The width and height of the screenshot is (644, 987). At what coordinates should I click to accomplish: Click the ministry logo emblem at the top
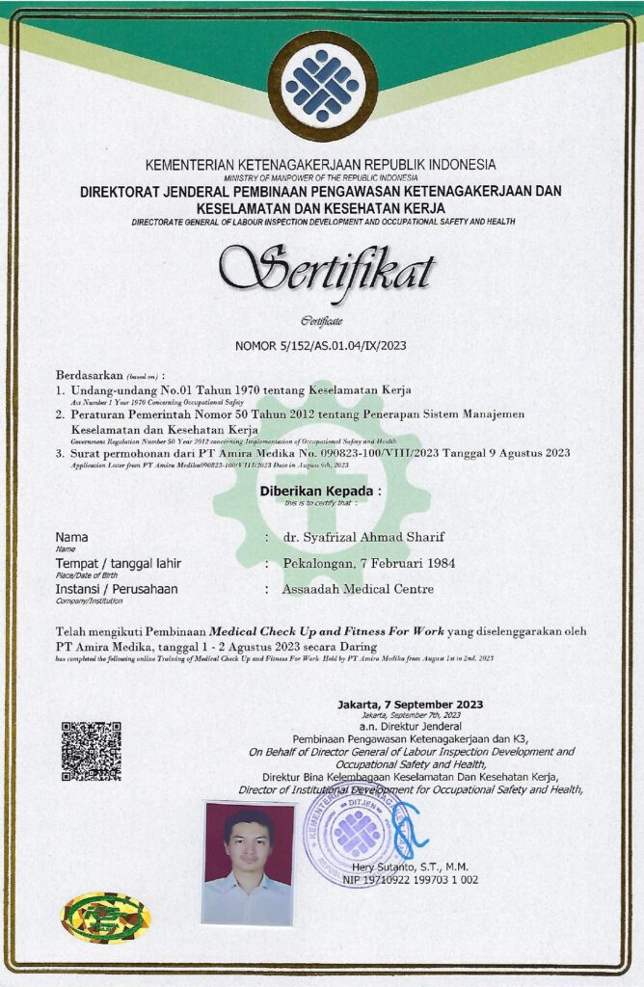point(322,86)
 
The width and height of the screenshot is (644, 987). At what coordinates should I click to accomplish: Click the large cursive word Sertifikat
point(326,267)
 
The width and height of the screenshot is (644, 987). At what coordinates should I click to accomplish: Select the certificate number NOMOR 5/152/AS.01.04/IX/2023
point(322,344)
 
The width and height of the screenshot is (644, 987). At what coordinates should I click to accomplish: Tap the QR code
point(92,751)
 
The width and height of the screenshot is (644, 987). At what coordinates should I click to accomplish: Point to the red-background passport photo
point(249,862)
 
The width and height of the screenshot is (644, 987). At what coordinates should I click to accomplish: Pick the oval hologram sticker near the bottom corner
point(106,917)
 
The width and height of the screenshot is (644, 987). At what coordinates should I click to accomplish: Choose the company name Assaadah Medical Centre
point(358,589)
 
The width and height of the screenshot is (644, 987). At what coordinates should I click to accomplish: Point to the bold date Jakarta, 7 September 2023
point(411,705)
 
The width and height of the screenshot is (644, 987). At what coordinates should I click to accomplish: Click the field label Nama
point(71,537)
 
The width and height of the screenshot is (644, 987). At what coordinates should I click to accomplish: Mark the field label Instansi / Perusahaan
point(117,588)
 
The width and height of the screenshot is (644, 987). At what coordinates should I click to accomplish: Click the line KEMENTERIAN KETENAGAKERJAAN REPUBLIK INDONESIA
point(321,165)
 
